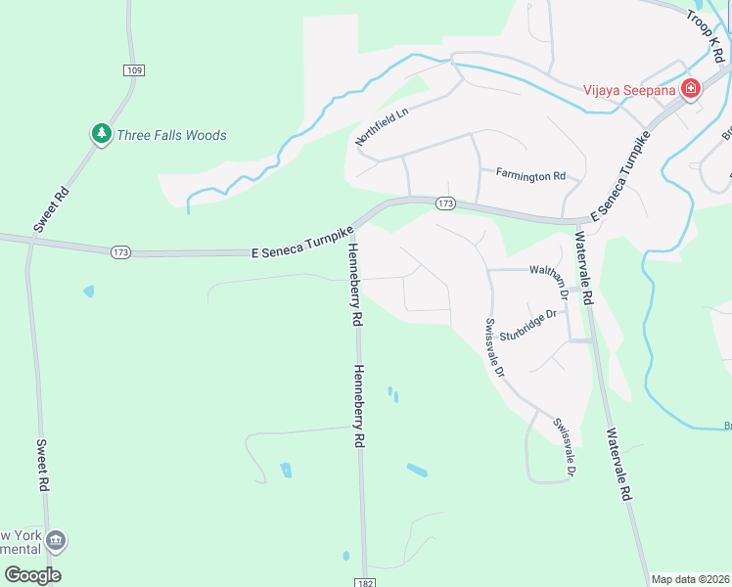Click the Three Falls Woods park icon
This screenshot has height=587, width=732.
pos(101,135)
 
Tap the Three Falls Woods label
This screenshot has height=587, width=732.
pos(171,135)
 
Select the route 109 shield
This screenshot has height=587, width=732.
pos(134,69)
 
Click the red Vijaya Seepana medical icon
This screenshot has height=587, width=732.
pos(690,89)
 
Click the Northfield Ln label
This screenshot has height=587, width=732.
pos(381,127)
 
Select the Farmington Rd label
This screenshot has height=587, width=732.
pos(530,176)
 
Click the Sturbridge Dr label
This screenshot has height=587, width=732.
pos(527,325)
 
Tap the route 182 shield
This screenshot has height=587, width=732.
pos(364,581)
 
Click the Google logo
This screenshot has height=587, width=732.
pos(32,575)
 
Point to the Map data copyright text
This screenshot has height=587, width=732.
pos(690,579)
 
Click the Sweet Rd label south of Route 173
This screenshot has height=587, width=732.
pos(42,464)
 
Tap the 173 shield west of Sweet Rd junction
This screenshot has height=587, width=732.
pos(120,252)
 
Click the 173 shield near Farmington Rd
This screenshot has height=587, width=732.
pos(445,203)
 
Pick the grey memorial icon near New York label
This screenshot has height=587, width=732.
pos(56,539)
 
